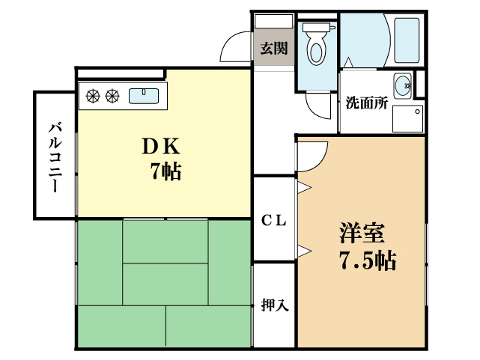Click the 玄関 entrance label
click(273, 49)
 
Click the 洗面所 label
click(366, 104)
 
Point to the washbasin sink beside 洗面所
click(402, 84)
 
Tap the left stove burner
click(94, 95)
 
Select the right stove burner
click(112, 95)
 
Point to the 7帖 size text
click(165, 171)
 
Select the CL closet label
click(274, 220)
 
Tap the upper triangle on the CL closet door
click(304, 187)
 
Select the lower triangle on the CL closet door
click(304, 250)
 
